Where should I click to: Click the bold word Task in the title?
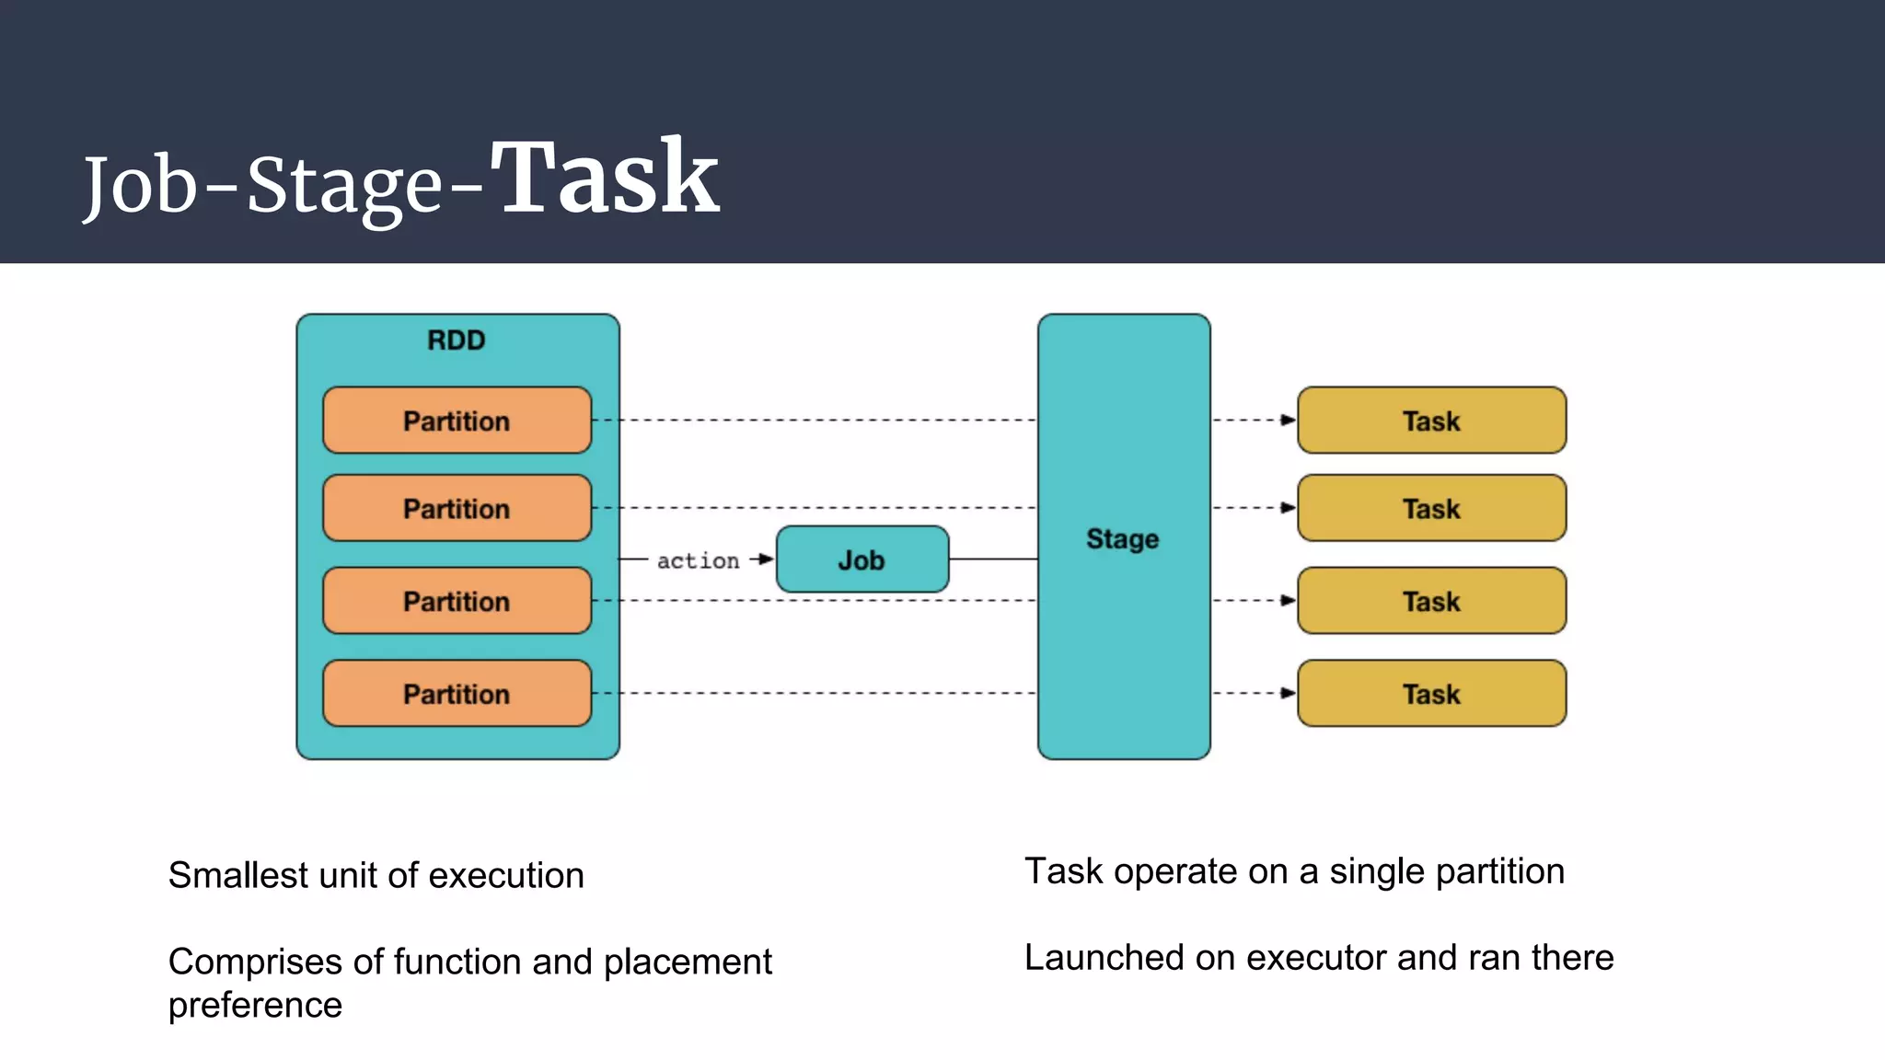point(604,177)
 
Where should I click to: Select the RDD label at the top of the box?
point(456,340)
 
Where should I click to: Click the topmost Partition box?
point(457,421)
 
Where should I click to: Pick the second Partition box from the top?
point(457,508)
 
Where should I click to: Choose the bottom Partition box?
point(457,694)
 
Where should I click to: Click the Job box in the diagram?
point(862,559)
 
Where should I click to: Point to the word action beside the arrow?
point(698,560)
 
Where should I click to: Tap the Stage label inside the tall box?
point(1122,538)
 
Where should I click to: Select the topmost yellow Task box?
point(1431,421)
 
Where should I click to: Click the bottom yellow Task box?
point(1431,694)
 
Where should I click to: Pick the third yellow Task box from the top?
point(1431,601)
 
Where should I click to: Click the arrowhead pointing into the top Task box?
point(1289,421)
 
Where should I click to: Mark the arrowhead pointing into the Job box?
point(767,559)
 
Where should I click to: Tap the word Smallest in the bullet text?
point(237,875)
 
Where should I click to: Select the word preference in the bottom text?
point(255,1005)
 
